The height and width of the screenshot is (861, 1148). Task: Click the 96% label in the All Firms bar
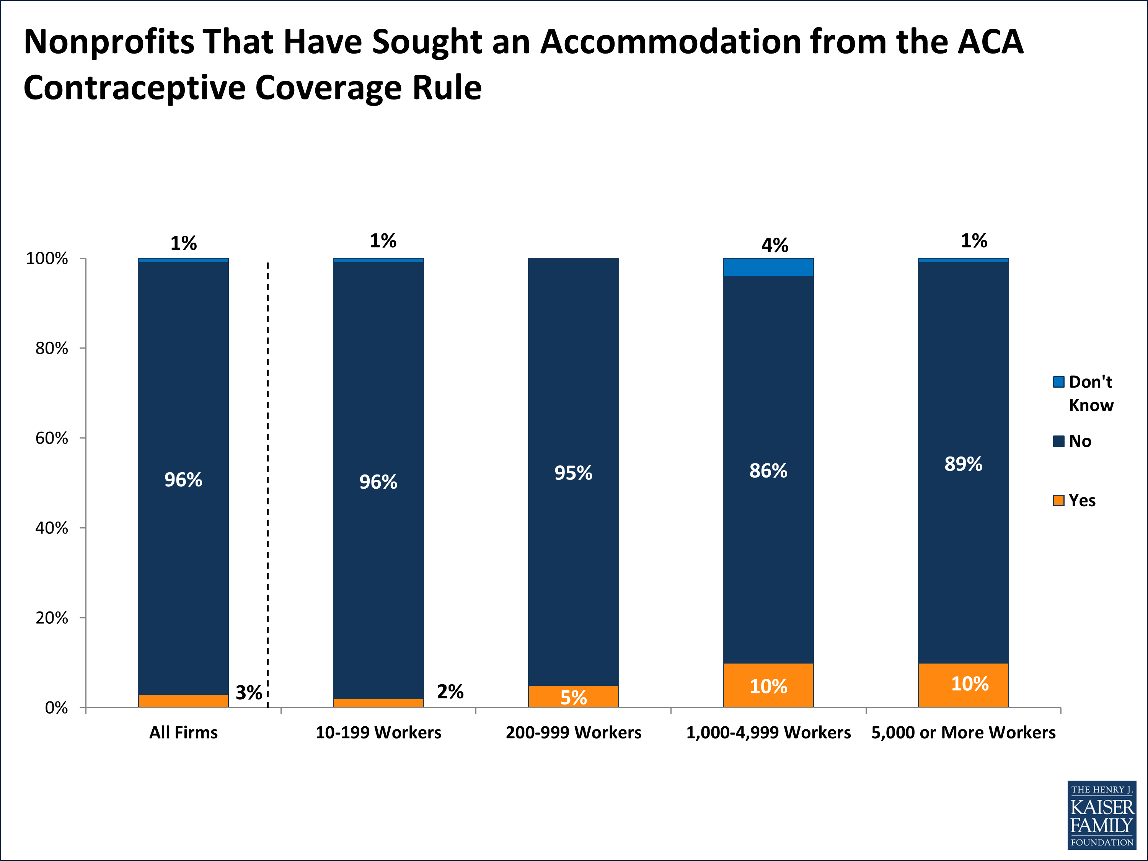click(183, 479)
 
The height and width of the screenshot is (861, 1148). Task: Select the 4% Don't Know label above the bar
click(775, 245)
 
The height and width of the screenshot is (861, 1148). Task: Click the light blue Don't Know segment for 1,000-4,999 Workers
click(768, 267)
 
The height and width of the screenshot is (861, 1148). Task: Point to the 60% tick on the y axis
click(52, 438)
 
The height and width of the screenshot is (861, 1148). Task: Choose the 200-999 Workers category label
click(574, 732)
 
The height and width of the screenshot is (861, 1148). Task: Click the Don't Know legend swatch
click(1058, 382)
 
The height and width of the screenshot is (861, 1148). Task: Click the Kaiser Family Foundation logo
click(1101, 815)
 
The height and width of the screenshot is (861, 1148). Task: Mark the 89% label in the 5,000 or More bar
click(963, 464)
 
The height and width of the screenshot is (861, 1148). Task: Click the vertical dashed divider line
click(268, 467)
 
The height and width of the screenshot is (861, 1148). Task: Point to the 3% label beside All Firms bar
click(249, 692)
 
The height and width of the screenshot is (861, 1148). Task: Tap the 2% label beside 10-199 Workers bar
click(450, 691)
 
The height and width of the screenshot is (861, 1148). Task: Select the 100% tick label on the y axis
click(47, 258)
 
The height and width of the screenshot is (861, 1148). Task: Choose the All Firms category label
click(183, 732)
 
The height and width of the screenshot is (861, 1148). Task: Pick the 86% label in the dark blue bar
click(768, 471)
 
